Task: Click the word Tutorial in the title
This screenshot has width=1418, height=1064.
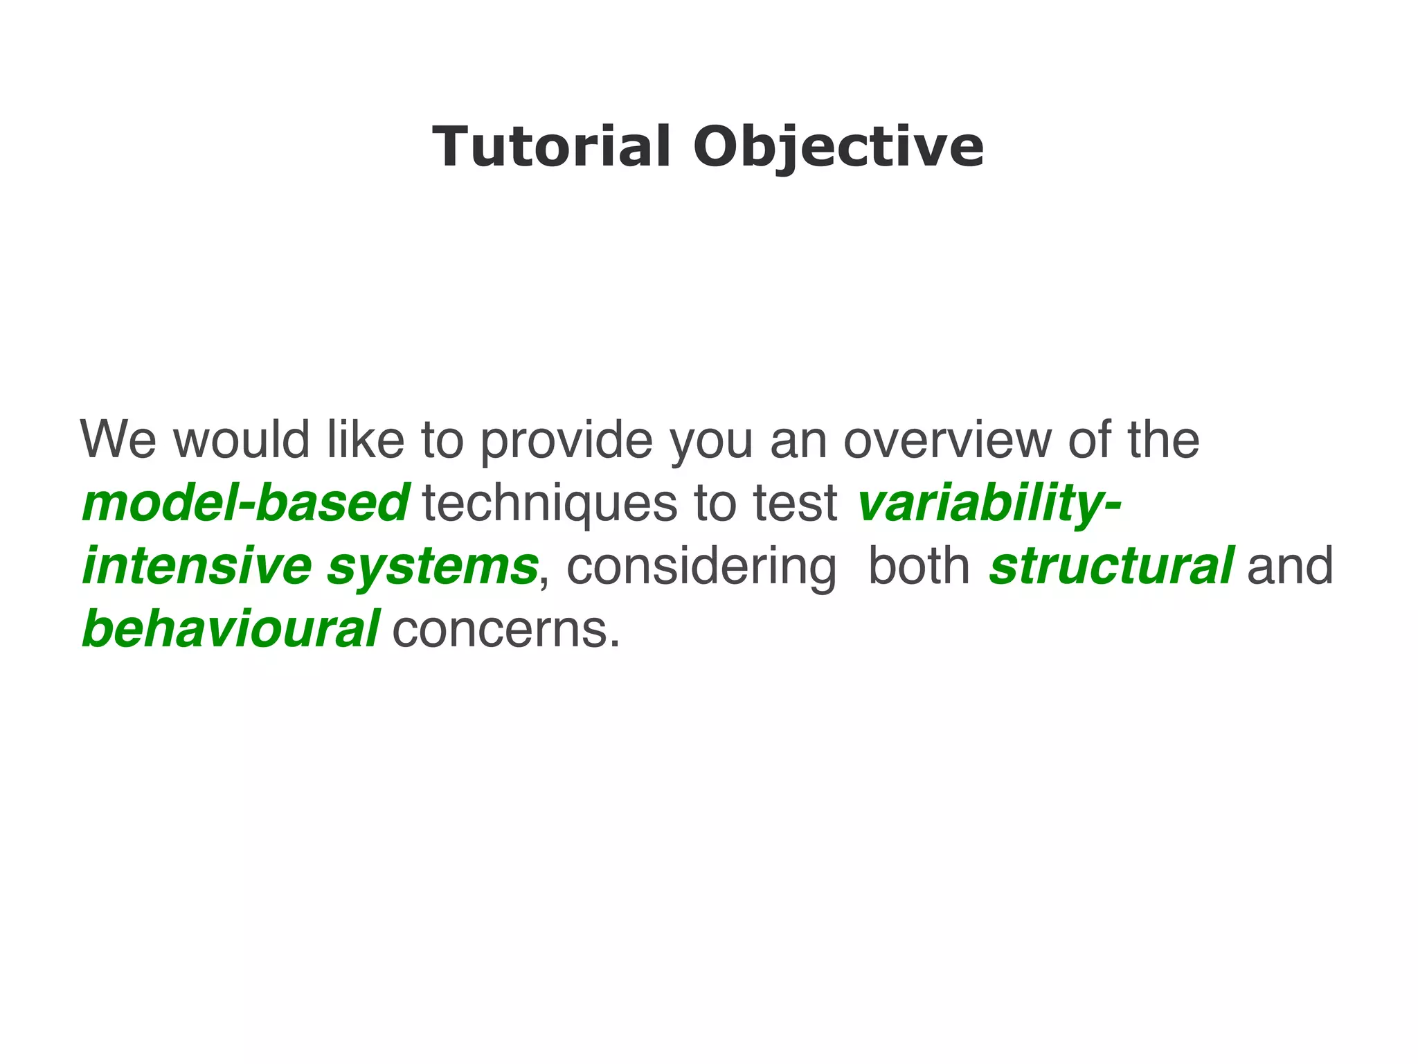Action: click(x=551, y=147)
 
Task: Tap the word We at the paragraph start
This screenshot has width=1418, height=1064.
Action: click(x=118, y=440)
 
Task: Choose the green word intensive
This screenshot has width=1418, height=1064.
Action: click(x=197, y=567)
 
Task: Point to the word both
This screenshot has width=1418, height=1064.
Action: click(x=919, y=567)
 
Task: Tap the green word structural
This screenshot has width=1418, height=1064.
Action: click(x=1111, y=567)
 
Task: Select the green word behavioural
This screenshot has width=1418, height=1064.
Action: click(x=231, y=630)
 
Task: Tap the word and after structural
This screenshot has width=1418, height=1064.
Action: click(x=1289, y=567)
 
